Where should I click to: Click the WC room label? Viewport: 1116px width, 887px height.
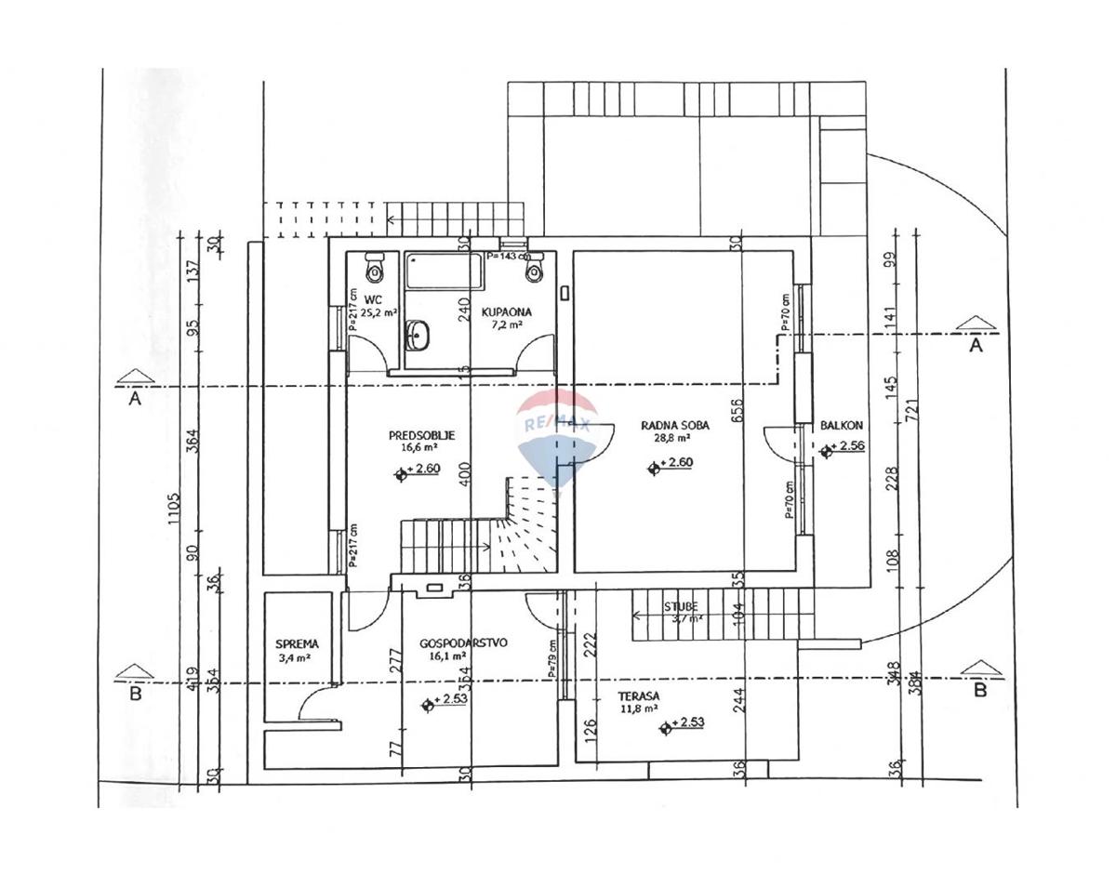click(x=373, y=299)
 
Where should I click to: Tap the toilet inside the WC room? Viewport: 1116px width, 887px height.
click(x=374, y=267)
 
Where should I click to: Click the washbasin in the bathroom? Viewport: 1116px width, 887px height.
click(x=418, y=335)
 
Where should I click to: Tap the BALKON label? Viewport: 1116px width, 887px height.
click(x=841, y=425)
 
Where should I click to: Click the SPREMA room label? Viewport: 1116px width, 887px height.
click(x=297, y=643)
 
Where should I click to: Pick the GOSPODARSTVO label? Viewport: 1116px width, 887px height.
click(x=463, y=642)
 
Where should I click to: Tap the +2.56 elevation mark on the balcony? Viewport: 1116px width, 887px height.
click(x=847, y=446)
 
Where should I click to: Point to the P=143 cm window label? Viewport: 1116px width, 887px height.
click(x=508, y=256)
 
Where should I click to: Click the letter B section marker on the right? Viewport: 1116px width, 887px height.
click(x=978, y=690)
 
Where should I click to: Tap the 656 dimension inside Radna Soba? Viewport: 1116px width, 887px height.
click(x=737, y=410)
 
